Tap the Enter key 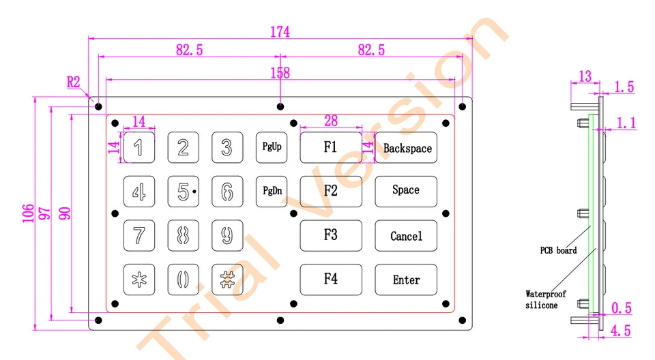coord(406,280)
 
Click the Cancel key coord(406,236)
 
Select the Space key coord(406,191)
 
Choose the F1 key coord(331,147)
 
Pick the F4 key coord(331,280)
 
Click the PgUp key coord(272,147)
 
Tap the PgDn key coord(272,191)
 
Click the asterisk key coord(139,280)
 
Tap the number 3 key coord(227,147)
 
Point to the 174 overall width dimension coord(280,32)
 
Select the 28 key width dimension coord(331,121)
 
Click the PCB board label coord(558,250)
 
